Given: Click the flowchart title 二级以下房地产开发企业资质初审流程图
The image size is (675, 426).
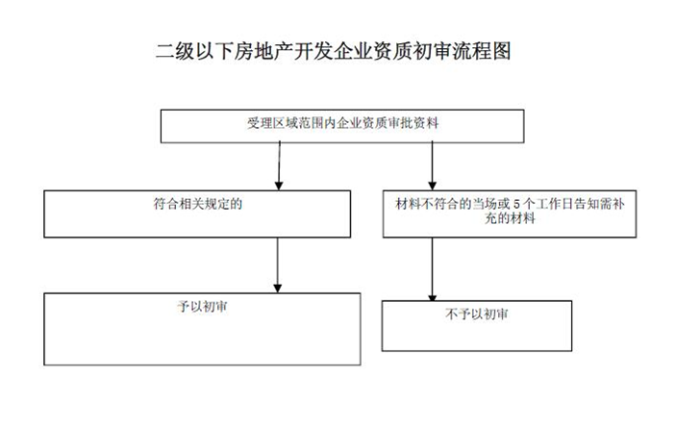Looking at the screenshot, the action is [x=334, y=51].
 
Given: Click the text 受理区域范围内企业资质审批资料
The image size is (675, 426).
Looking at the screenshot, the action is [x=342, y=123].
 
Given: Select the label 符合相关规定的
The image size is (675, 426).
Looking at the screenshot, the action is [x=197, y=204].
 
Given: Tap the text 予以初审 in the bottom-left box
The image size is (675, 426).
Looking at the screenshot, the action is [x=202, y=307].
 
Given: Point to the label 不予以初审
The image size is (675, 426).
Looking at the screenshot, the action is [x=477, y=314].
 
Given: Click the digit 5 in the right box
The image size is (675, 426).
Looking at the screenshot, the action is [x=516, y=204].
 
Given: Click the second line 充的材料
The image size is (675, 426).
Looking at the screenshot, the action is [x=510, y=218].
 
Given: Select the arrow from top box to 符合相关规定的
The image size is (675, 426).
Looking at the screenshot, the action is [x=279, y=165].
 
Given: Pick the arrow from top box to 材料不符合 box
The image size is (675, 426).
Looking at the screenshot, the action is [x=432, y=165].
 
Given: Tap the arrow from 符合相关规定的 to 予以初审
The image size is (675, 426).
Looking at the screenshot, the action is [x=278, y=264].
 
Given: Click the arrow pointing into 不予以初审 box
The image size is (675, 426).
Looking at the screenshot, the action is [x=432, y=269].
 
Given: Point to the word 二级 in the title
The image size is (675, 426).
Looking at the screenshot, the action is [x=175, y=51].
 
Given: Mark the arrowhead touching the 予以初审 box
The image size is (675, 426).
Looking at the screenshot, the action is [x=278, y=288].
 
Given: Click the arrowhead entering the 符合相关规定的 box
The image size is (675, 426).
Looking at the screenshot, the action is [x=279, y=186].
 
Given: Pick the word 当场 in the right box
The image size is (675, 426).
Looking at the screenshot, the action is [x=485, y=204].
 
